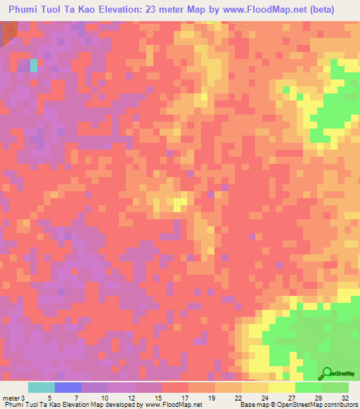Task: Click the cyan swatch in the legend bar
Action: tap(41, 388)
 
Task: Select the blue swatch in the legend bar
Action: tap(68, 388)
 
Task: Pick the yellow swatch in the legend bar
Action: tap(282, 388)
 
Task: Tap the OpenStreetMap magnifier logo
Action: tap(328, 374)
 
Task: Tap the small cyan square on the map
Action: tap(33, 65)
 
